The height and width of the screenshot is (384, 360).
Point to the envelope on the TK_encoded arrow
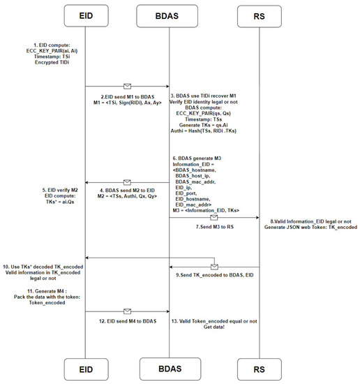click(214, 266)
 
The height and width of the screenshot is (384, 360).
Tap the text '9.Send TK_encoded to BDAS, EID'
click(216, 276)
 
